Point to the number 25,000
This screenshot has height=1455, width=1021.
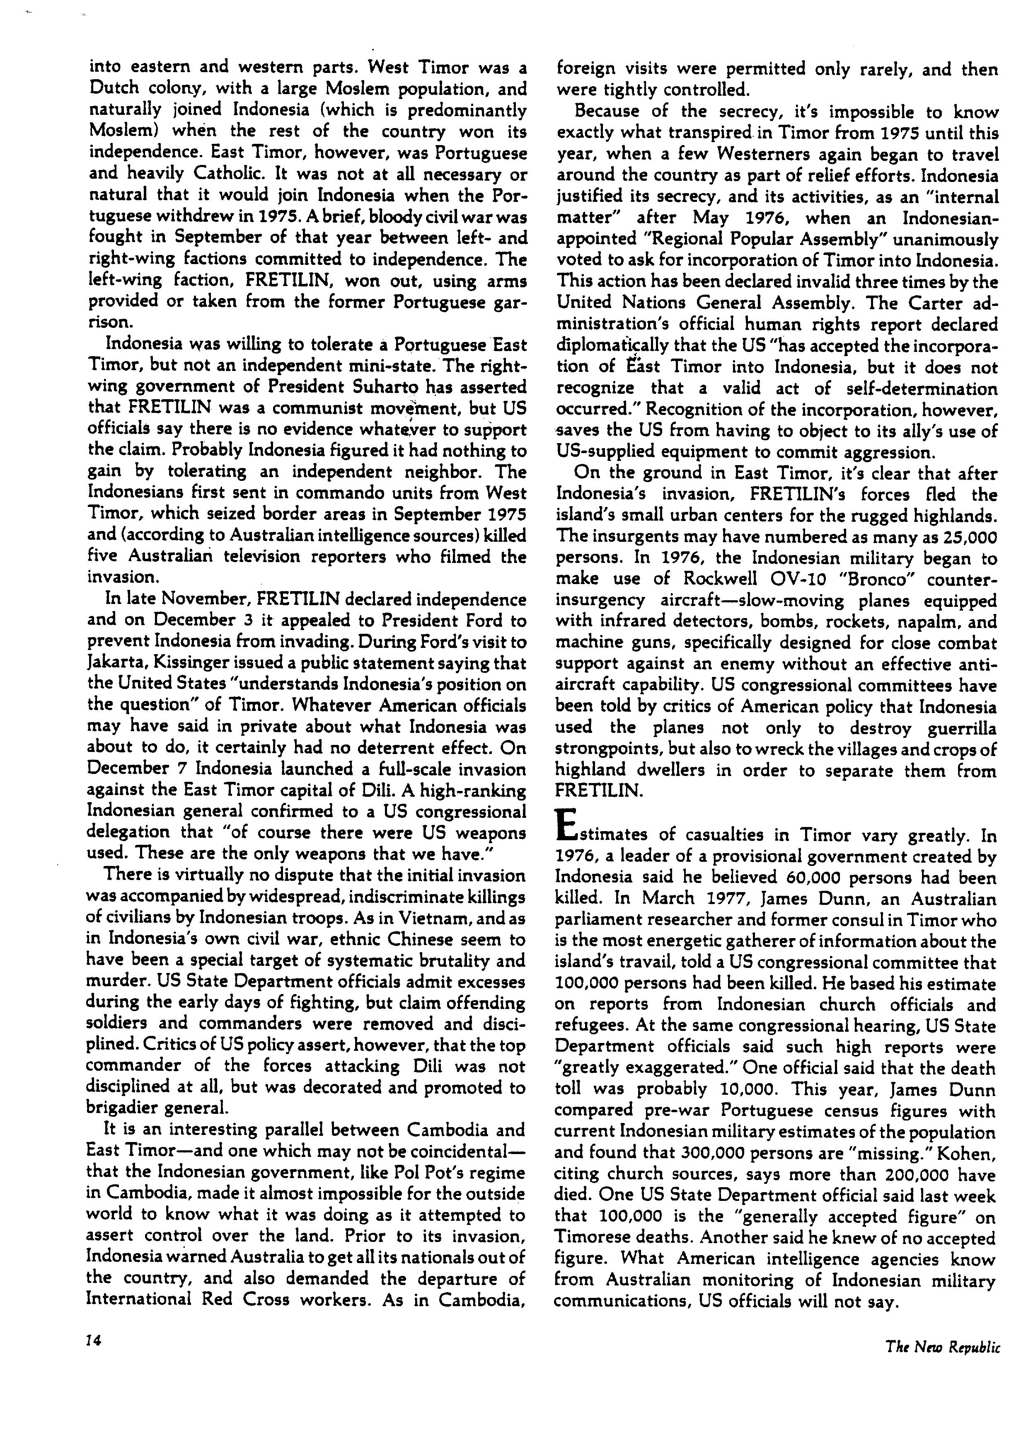[962, 537]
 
